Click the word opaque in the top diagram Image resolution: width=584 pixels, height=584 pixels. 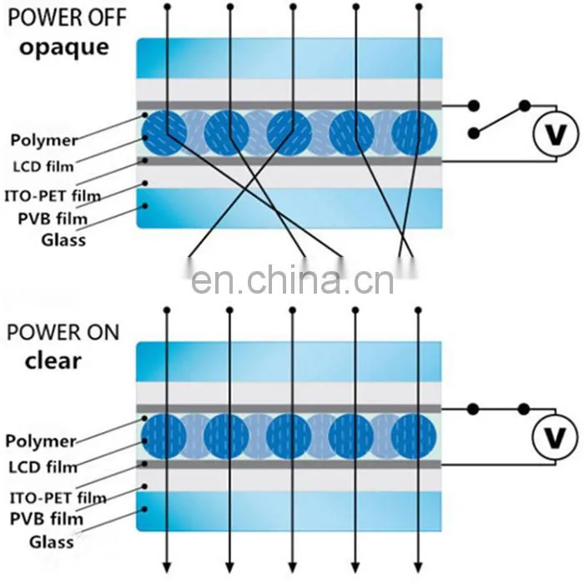coord(64,48)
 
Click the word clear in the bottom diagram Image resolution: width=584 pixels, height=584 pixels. coord(53,360)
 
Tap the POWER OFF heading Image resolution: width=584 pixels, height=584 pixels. coord(67,18)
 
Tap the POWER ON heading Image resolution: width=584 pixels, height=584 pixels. coord(63,332)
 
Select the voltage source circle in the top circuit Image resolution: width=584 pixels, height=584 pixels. coord(556,133)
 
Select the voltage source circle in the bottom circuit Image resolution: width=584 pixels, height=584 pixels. coord(555,436)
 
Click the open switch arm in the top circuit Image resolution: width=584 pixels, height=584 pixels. coord(499,119)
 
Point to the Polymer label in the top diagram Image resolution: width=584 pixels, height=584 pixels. coord(44,140)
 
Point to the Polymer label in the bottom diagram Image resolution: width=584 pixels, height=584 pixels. coord(41,441)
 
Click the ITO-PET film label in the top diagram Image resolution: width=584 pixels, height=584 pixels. coord(53,196)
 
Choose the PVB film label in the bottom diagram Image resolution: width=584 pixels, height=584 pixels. coord(47,519)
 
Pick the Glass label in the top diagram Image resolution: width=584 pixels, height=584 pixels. coord(63,240)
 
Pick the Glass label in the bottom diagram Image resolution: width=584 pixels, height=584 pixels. coord(52,542)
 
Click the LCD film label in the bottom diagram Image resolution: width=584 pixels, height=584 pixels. coord(43,467)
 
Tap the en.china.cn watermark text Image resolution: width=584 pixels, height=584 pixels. coord(292,280)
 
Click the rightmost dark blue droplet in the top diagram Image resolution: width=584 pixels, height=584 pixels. coord(415,133)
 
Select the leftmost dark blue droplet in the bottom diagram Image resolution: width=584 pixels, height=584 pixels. coord(164,436)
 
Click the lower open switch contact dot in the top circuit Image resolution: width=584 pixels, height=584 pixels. coord(473,133)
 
